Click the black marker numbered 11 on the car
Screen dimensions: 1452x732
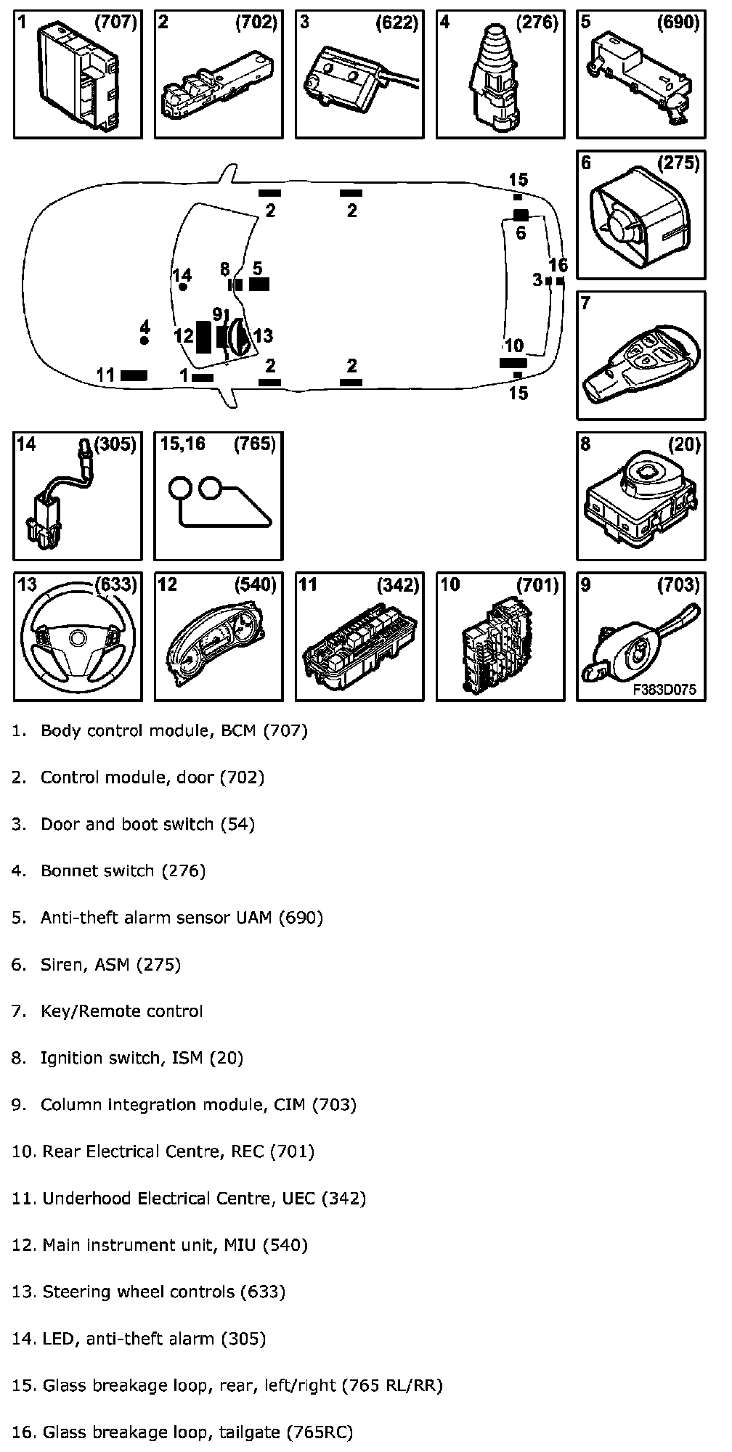(134, 375)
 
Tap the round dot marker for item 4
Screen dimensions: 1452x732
(145, 340)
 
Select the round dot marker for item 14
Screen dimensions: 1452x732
(183, 287)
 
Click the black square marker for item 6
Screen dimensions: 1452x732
(521, 215)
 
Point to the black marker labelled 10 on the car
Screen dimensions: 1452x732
(513, 362)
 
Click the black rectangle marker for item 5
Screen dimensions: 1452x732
(259, 284)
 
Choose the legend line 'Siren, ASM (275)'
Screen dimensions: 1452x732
(110, 965)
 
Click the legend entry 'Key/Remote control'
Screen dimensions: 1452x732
(121, 1011)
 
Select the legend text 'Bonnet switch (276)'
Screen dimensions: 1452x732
(123, 871)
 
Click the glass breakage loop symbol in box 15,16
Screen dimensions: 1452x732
(218, 501)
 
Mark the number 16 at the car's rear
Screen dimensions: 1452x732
(558, 265)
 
